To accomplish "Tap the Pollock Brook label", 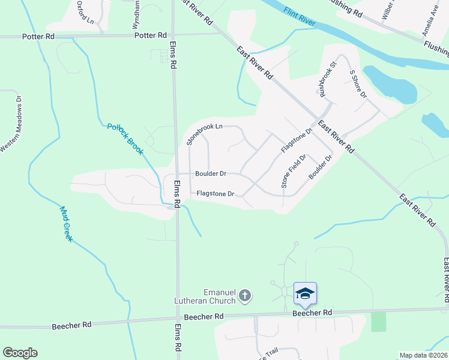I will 125,139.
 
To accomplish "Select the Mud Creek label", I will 67,224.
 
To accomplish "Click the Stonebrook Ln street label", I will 204,134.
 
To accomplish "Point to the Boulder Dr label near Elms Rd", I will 210,174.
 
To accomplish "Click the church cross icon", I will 244,295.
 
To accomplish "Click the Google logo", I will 20,353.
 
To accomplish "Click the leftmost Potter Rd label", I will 38,37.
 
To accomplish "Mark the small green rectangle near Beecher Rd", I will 379,322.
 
